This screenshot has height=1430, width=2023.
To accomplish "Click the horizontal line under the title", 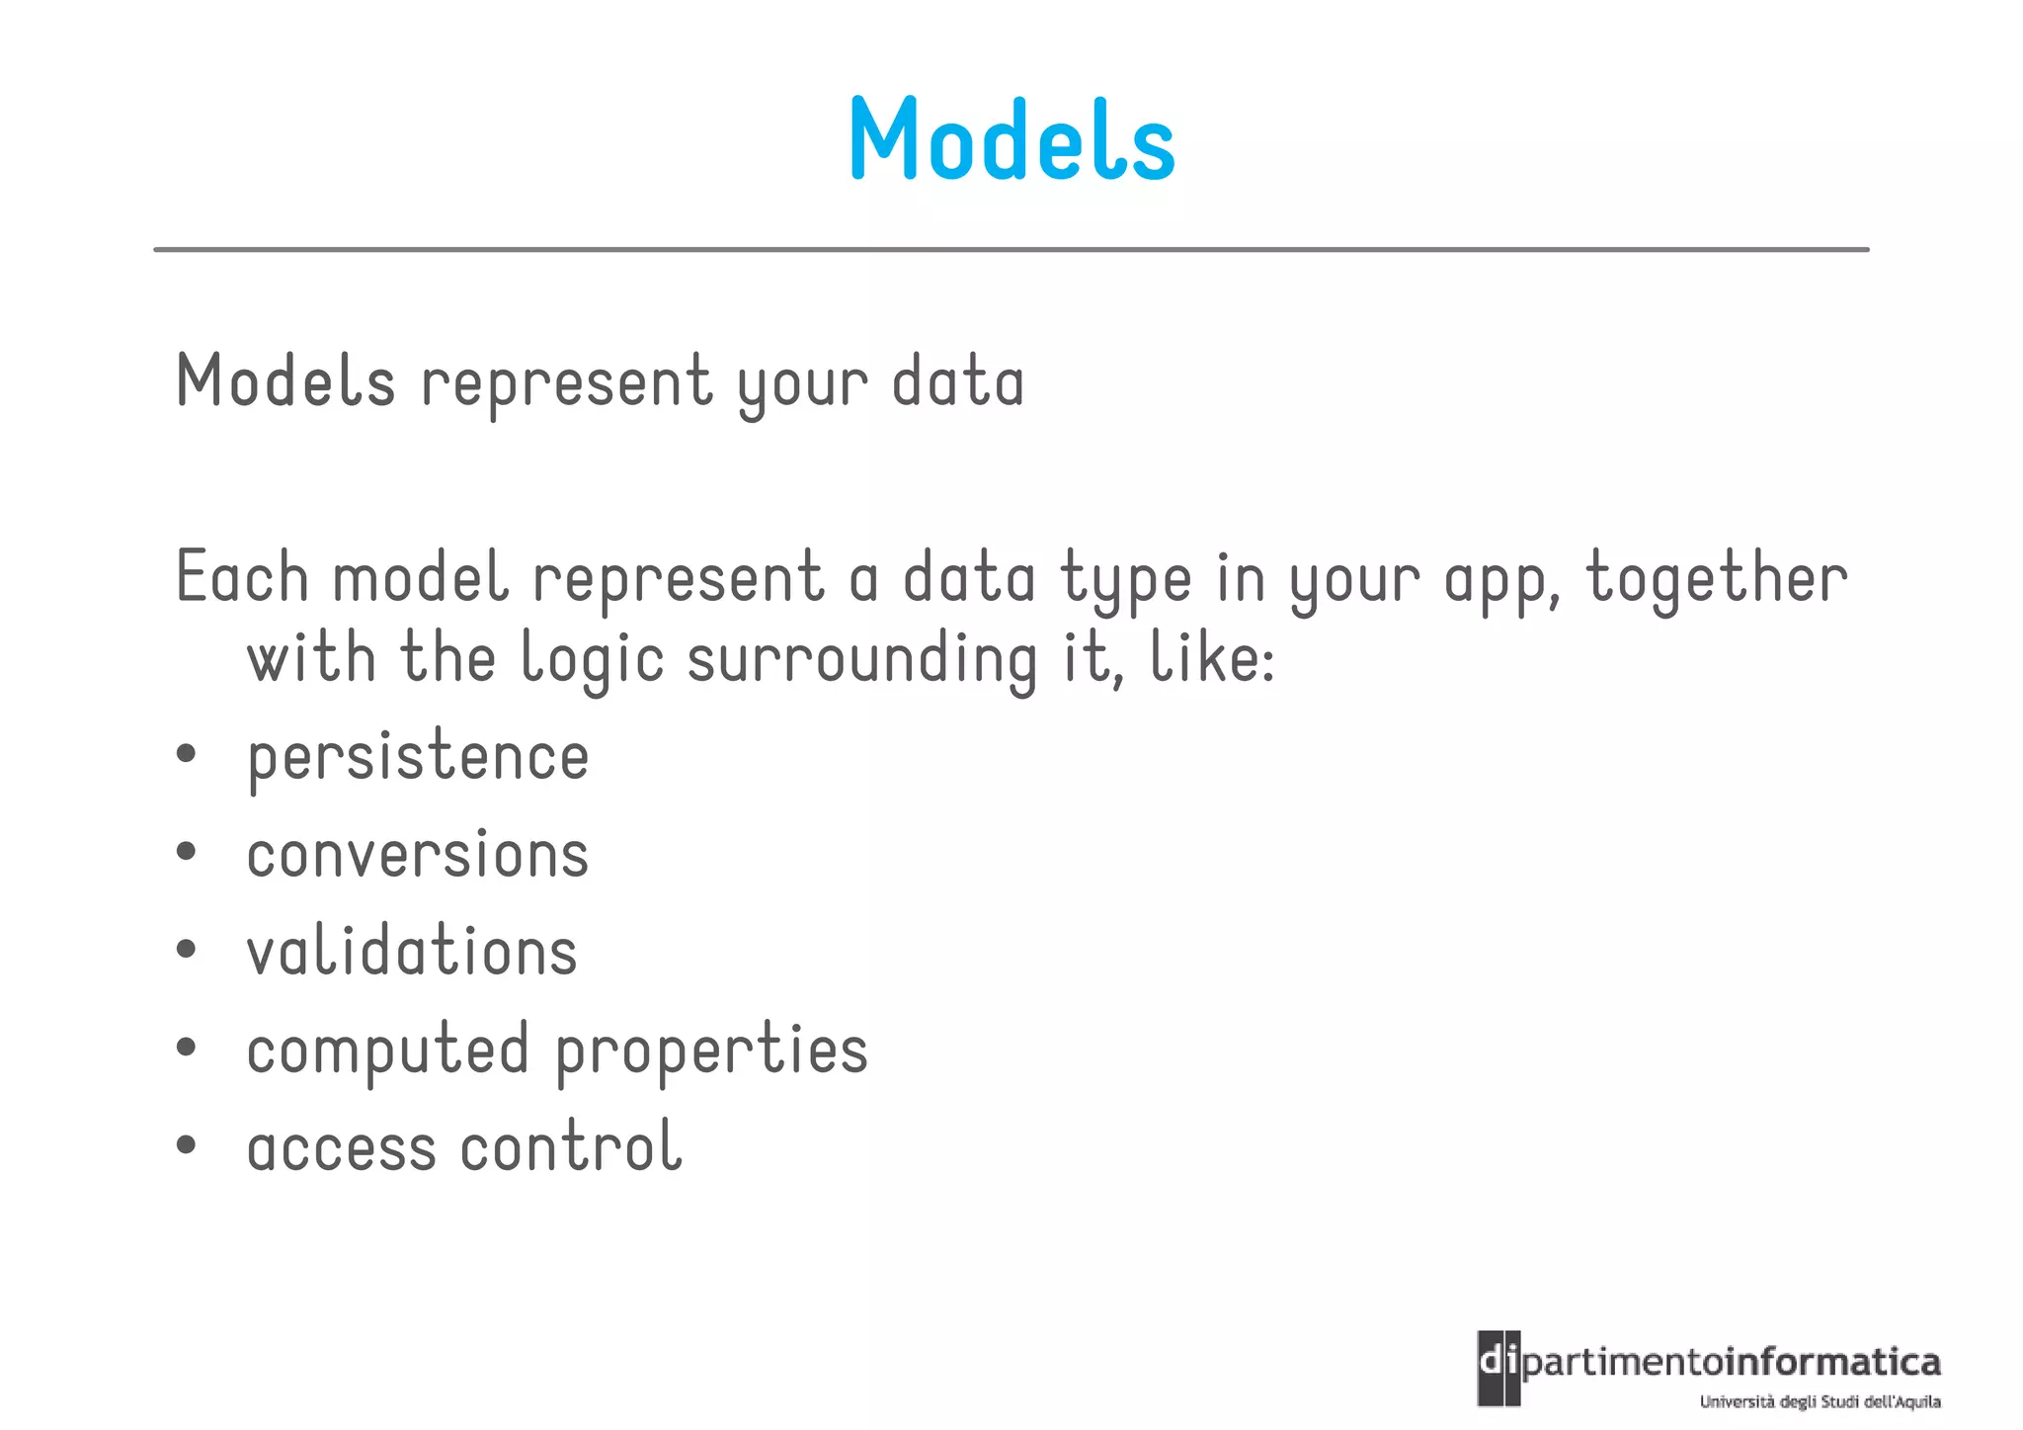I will tap(1011, 250).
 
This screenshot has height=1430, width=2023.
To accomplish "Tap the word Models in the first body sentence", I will tap(285, 382).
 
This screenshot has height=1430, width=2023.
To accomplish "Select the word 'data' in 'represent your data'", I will tap(957, 382).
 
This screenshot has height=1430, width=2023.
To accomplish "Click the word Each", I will tap(242, 578).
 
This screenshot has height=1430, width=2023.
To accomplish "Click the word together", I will tap(1716, 578).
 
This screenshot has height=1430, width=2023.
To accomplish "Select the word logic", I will tap(592, 660).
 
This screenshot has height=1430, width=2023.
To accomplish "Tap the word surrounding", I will tap(861, 660).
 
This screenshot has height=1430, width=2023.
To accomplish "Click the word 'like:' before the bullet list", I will tap(1212, 658).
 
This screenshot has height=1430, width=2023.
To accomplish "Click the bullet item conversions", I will tap(418, 855).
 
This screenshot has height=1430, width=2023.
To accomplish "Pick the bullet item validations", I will tap(412, 952).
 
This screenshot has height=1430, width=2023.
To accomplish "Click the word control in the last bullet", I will tap(571, 1147).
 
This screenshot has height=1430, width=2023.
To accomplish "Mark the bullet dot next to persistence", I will tap(186, 755).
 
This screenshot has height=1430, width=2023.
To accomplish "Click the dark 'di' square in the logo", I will tap(1497, 1368).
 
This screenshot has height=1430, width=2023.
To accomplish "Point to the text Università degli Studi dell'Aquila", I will tap(1820, 1401).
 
